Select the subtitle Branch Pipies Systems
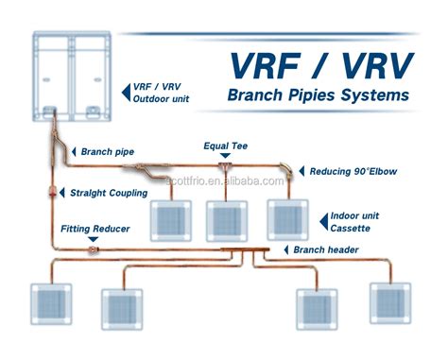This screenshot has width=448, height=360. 318,95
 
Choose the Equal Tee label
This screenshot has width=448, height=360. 227,147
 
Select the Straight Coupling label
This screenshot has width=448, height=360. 108,193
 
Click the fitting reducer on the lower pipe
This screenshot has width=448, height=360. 93,249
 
